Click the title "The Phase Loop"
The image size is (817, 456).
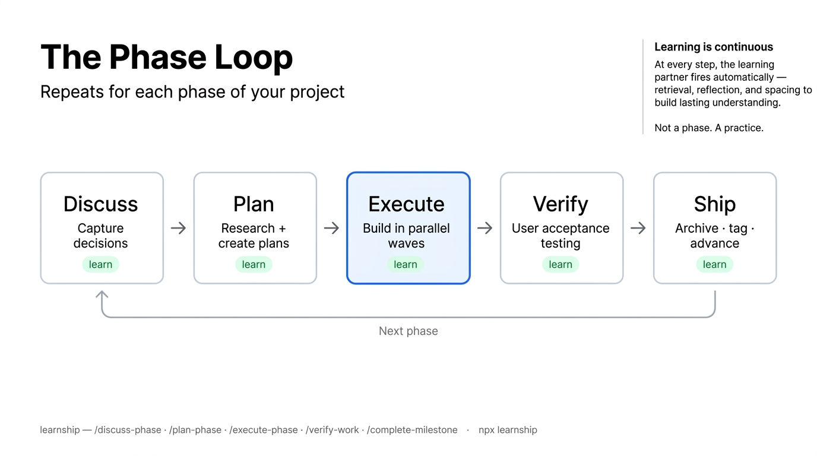[166, 58]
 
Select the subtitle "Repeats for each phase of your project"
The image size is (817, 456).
[192, 92]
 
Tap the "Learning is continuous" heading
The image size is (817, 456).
[713, 47]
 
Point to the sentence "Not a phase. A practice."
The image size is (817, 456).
[708, 128]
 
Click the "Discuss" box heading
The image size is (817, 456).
[101, 204]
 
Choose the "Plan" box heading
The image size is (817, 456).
[254, 204]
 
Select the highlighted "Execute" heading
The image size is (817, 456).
[406, 204]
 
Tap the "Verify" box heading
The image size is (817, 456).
[560, 204]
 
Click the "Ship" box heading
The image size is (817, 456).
[714, 204]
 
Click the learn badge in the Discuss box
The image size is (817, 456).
[101, 265]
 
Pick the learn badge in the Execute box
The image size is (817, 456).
[406, 265]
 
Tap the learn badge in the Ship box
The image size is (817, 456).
[714, 265]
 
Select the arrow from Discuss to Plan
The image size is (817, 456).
[178, 228]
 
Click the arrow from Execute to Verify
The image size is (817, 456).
[484, 228]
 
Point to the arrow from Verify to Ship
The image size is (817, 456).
[638, 228]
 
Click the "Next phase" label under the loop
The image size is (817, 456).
[408, 331]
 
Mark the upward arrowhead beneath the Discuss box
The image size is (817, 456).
[102, 294]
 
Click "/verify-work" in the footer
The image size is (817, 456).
[332, 430]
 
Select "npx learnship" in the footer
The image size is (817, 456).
[508, 430]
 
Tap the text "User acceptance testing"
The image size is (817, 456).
[560, 236]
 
